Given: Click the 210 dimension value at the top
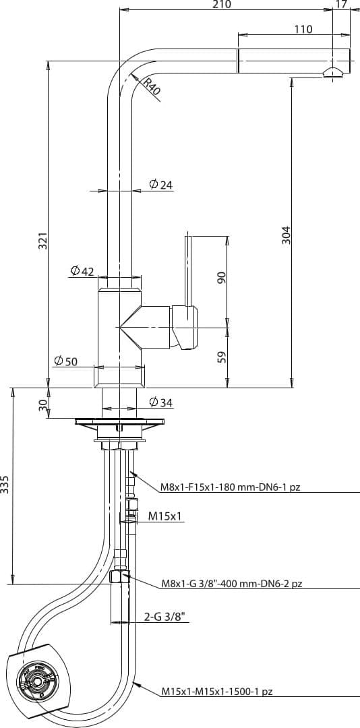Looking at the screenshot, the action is click(222, 4).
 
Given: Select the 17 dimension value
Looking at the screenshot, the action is click(341, 4).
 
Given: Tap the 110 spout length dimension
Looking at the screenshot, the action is click(303, 29).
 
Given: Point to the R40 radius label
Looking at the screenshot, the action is click(151, 87).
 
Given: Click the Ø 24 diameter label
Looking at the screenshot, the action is click(160, 184).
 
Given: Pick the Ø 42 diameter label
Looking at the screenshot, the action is click(82, 271).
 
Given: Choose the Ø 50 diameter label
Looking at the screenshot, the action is click(65, 361).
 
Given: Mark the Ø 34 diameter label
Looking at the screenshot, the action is click(160, 402).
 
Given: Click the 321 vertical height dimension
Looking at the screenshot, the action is click(42, 241).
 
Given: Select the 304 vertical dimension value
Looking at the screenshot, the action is click(286, 235).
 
